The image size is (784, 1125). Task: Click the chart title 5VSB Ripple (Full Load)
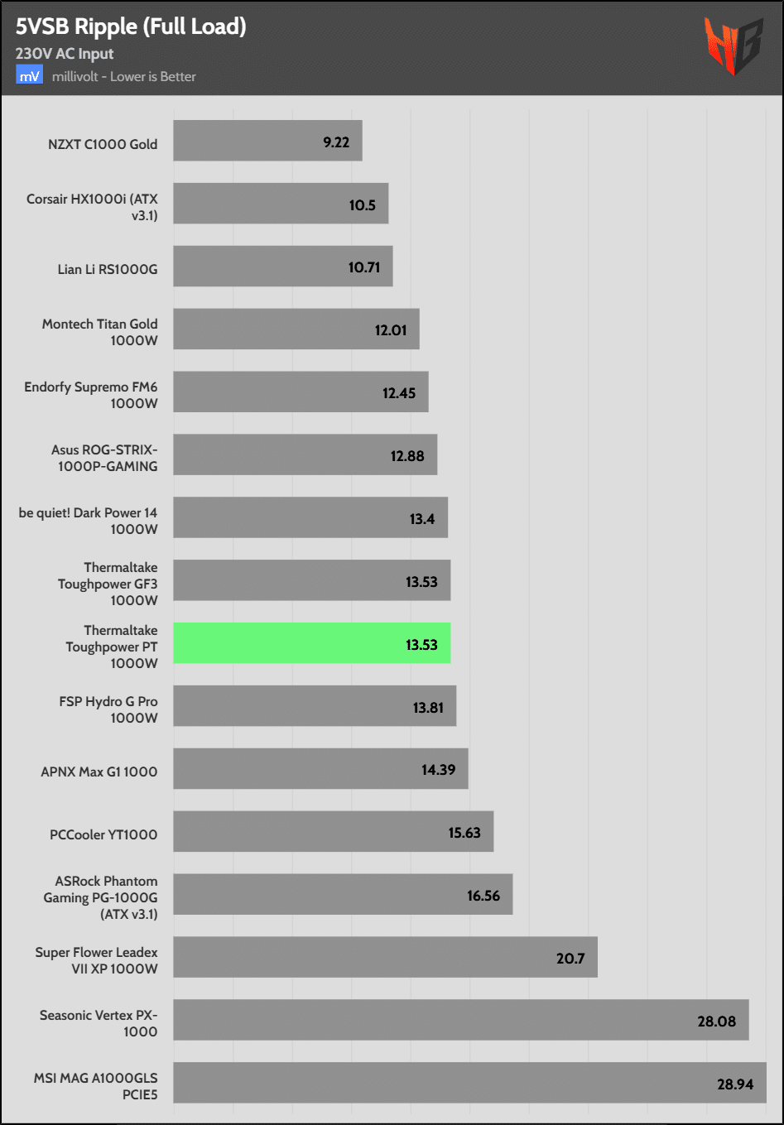tap(131, 26)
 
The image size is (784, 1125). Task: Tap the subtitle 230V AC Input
tap(65, 54)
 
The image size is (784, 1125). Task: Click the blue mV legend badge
tap(29, 76)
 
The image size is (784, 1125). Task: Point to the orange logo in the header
tap(732, 45)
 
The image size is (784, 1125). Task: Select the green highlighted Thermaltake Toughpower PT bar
tap(311, 643)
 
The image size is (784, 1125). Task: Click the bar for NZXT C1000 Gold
tap(267, 141)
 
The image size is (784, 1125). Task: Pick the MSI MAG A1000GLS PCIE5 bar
tap(469, 1083)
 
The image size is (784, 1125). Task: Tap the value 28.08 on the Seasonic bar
tap(716, 1021)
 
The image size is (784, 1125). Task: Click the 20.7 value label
tap(570, 958)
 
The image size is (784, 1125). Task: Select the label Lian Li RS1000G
tap(108, 269)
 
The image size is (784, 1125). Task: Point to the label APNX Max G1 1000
tap(99, 772)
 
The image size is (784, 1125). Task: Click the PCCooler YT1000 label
tap(103, 834)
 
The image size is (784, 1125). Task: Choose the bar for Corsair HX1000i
tap(281, 204)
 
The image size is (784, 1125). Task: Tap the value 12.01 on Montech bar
tap(391, 330)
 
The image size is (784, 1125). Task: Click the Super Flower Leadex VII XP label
tap(96, 960)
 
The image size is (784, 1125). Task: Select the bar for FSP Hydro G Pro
tap(315, 706)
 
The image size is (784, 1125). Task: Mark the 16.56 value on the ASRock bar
tap(483, 896)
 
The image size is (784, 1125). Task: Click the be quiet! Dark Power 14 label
tap(88, 521)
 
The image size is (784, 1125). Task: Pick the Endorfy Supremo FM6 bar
tap(301, 392)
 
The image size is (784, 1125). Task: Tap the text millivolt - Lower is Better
tap(124, 76)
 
